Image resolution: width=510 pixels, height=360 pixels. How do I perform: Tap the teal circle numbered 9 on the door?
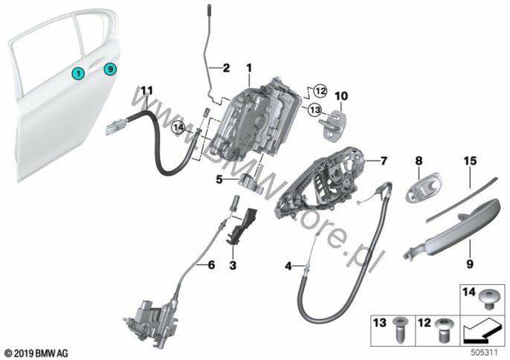click(110, 69)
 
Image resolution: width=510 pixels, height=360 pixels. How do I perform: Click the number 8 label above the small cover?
click(418, 160)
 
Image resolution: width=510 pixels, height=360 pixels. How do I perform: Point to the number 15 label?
click(469, 160)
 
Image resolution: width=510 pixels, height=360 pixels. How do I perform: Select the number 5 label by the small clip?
click(220, 179)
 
